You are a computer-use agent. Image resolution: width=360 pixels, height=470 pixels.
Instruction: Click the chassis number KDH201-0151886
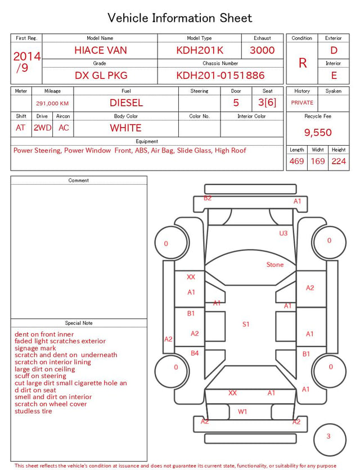220,75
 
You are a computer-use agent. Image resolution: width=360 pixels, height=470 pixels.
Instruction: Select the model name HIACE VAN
101,50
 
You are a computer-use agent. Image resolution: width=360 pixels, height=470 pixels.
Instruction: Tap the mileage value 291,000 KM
52,104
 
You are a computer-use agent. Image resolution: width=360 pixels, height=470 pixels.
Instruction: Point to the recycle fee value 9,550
318,132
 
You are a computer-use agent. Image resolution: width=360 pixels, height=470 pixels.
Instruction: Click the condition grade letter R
303,63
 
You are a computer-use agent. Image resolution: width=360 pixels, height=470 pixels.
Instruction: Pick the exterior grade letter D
334,50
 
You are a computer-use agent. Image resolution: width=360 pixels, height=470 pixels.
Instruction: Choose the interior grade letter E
334,75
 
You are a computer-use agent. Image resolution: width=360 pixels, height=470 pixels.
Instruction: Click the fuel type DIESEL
126,103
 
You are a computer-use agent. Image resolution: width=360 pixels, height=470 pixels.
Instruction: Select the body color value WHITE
125,128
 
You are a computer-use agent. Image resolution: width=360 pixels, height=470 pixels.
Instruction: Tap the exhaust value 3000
262,50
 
